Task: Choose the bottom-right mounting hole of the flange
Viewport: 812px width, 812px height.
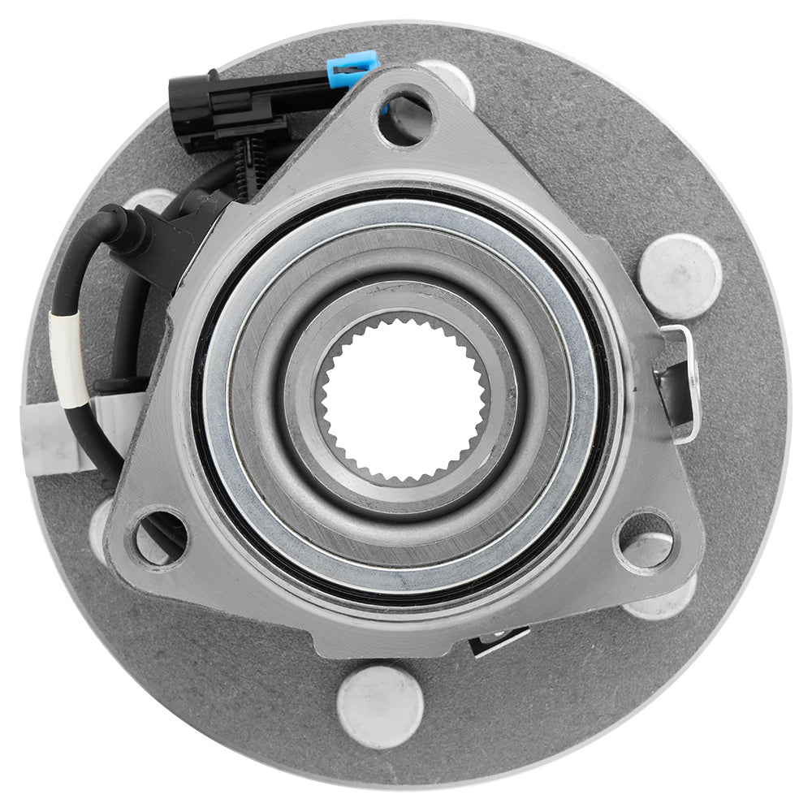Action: (646, 540)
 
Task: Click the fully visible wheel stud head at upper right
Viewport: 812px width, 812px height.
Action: (680, 275)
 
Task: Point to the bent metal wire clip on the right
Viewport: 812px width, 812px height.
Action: (679, 382)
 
